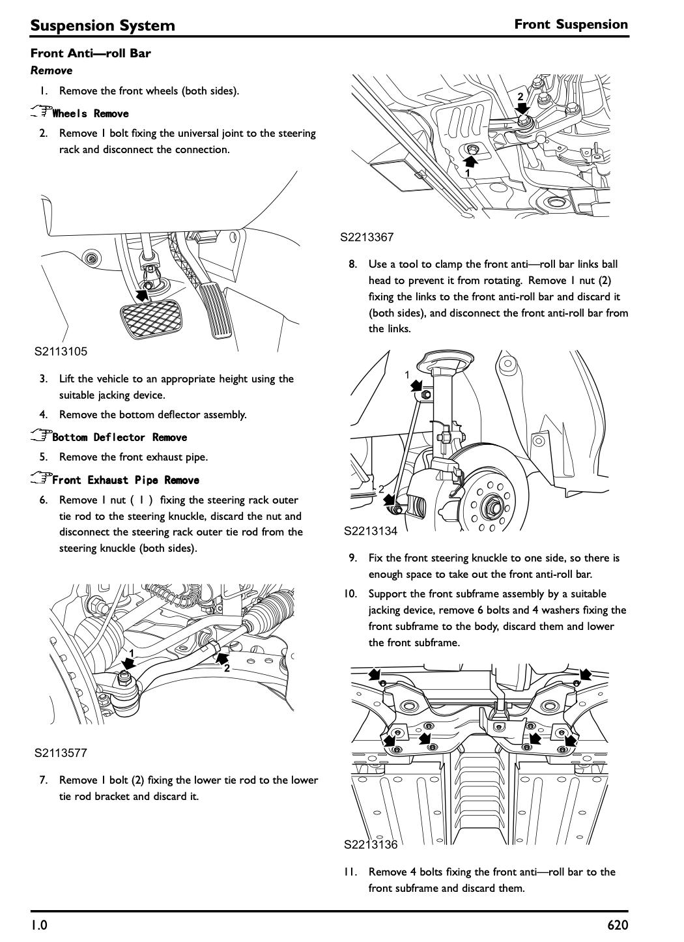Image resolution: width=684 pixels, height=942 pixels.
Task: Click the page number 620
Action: click(617, 925)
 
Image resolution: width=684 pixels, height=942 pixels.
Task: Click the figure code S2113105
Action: click(61, 351)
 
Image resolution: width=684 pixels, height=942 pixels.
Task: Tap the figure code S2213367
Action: click(367, 237)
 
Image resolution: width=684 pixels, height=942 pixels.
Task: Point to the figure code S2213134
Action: click(371, 531)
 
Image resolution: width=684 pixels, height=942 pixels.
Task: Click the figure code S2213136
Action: click(371, 844)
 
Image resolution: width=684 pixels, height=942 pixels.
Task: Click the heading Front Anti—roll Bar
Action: click(91, 53)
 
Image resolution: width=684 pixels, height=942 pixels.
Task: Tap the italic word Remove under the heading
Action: click(51, 70)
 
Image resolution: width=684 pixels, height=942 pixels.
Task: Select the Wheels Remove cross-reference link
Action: click(91, 113)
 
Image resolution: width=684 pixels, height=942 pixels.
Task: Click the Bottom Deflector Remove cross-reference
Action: click(119, 437)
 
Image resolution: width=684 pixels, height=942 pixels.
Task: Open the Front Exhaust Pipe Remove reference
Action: click(126, 480)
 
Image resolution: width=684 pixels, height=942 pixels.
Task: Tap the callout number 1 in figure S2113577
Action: click(132, 653)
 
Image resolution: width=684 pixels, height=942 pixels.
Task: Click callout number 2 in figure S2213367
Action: click(520, 96)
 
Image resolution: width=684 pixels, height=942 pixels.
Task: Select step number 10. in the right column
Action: click(350, 593)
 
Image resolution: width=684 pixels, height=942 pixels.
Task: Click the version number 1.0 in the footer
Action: click(39, 925)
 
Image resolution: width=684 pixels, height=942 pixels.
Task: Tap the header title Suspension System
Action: click(102, 25)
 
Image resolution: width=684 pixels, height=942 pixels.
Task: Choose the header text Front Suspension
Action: click(571, 24)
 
